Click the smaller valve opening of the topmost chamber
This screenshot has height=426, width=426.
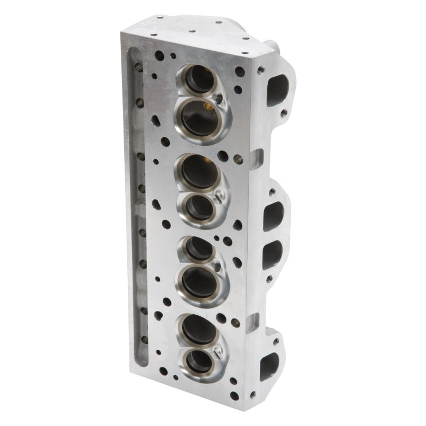(x=199, y=79)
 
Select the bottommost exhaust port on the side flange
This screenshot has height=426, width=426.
(x=269, y=367)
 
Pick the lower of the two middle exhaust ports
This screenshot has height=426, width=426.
(x=271, y=255)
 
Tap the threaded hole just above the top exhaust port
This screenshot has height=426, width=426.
(x=260, y=70)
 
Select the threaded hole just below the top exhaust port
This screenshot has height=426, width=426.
(x=283, y=113)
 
